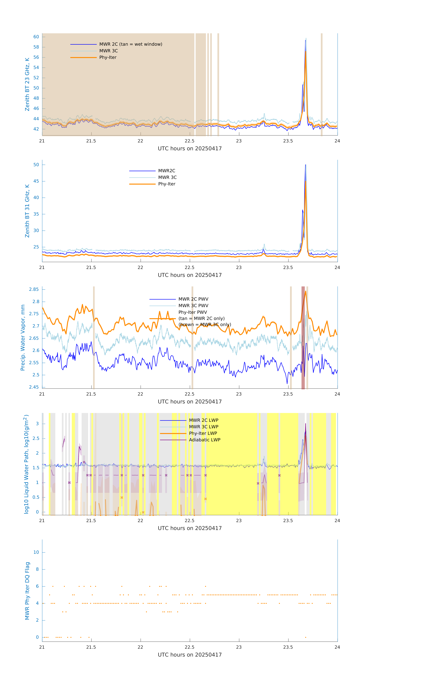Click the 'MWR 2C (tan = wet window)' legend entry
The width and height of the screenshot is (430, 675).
click(x=131, y=44)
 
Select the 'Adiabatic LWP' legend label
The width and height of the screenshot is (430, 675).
click(x=204, y=440)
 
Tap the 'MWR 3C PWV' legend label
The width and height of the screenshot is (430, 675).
click(x=193, y=306)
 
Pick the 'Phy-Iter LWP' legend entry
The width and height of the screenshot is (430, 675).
click(x=203, y=433)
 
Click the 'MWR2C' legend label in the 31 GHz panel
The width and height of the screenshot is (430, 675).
click(x=167, y=171)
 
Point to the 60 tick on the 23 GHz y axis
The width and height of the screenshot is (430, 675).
click(x=36, y=37)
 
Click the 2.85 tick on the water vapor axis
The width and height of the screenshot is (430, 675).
click(x=34, y=289)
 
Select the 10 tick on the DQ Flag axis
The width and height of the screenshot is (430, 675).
click(x=36, y=552)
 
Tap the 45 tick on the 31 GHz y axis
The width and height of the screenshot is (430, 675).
click(x=36, y=181)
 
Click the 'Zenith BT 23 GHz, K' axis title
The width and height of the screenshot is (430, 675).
click(x=27, y=84)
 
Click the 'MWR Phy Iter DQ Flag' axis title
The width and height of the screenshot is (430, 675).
click(x=27, y=591)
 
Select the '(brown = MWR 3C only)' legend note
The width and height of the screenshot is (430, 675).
click(x=205, y=325)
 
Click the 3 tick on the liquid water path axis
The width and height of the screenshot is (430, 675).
click(x=37, y=424)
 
